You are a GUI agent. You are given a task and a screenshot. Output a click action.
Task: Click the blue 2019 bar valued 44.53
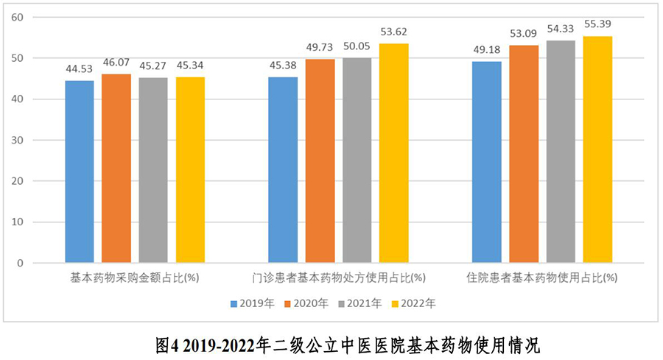(x=80, y=171)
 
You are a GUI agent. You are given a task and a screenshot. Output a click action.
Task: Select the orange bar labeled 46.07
(x=116, y=168)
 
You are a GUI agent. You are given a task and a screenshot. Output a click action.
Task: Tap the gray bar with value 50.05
(x=357, y=160)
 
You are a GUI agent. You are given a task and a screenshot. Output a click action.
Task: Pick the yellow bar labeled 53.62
(x=393, y=152)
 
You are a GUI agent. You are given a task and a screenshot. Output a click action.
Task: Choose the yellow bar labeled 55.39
(x=597, y=149)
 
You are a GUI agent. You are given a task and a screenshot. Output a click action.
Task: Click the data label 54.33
(x=560, y=29)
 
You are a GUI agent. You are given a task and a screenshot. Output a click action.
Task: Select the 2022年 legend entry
(x=413, y=303)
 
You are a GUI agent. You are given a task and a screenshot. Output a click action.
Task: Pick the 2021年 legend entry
(x=360, y=303)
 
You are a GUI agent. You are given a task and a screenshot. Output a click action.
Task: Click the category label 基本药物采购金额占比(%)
(x=135, y=278)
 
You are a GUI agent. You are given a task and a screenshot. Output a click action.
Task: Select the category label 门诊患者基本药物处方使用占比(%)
(x=338, y=278)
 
